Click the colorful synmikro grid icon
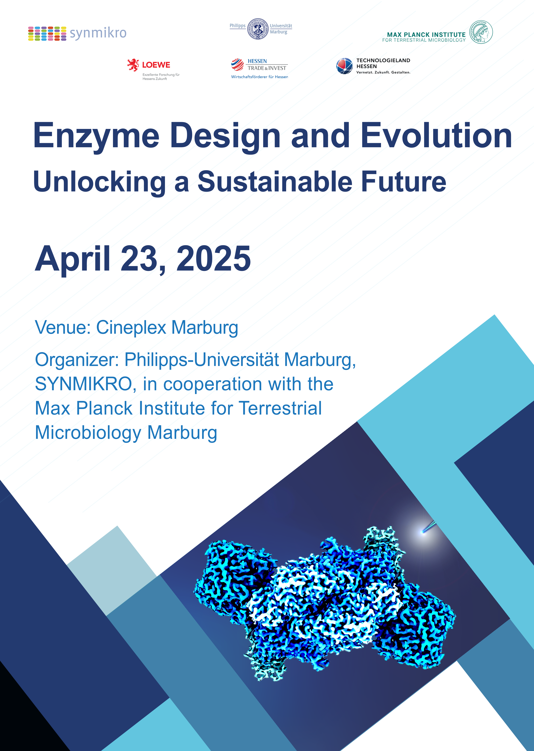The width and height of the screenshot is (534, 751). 47,34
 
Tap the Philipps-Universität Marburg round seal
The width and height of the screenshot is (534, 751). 258,29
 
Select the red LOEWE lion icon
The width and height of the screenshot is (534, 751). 133,65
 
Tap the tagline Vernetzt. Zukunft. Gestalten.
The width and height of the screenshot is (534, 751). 383,72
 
